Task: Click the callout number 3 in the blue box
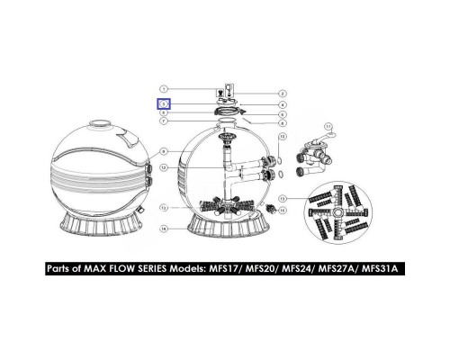pyautogui.click(x=164, y=103)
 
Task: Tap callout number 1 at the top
pyautogui.click(x=164, y=87)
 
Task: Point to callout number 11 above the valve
pyautogui.click(x=328, y=127)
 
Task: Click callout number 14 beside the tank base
pyautogui.click(x=164, y=229)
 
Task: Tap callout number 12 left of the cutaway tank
pyautogui.click(x=164, y=168)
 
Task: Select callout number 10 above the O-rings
pyautogui.click(x=282, y=136)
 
